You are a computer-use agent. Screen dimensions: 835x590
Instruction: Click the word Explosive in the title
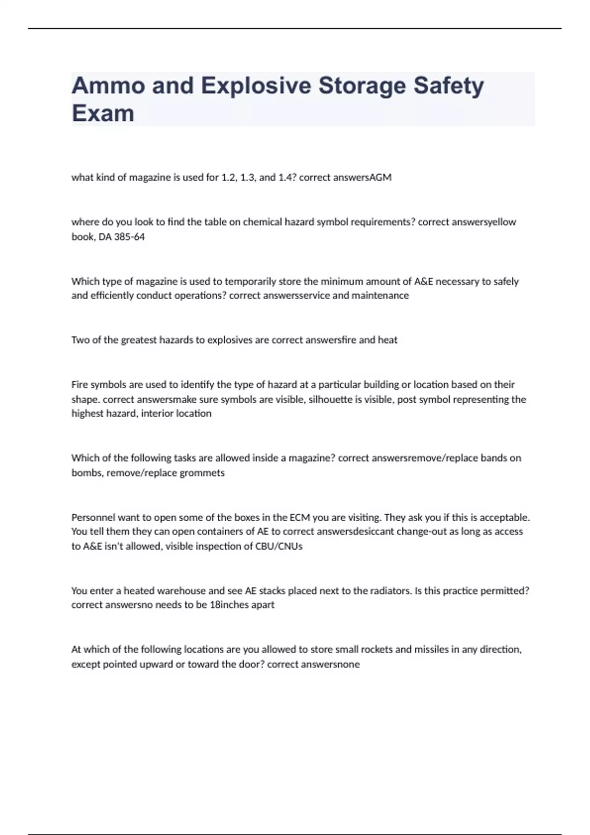coord(256,86)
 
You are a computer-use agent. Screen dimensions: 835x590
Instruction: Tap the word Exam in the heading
coord(103,113)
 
